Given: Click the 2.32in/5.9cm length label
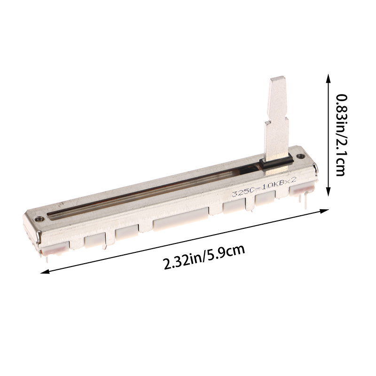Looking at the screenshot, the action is point(204,257).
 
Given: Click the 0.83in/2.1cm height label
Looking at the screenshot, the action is point(340,135).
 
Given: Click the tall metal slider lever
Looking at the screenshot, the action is point(277,119).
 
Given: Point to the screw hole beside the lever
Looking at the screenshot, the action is point(299,157).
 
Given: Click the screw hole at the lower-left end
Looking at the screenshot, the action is point(39,219).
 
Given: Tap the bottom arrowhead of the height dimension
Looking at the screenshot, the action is point(328,192).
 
